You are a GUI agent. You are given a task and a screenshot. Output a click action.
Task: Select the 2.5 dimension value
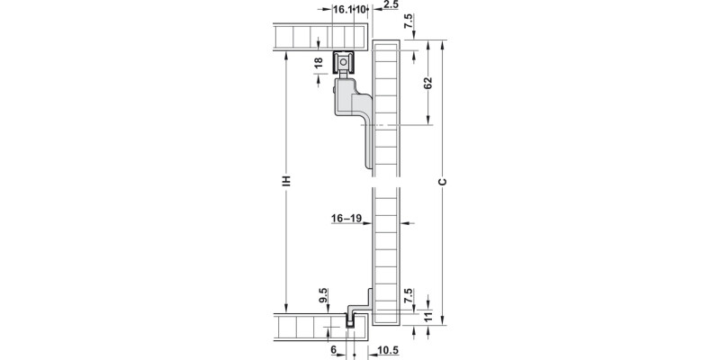391,4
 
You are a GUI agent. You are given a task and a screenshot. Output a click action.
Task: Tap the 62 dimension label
428,83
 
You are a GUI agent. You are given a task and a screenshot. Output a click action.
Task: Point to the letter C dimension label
442,182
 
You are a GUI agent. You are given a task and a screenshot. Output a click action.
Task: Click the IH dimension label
286,181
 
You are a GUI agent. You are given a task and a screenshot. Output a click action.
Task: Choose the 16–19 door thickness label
346,219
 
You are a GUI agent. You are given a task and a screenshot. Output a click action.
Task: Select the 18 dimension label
319,63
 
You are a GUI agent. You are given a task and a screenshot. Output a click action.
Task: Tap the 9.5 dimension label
323,295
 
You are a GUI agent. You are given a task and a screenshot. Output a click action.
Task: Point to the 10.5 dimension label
388,350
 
